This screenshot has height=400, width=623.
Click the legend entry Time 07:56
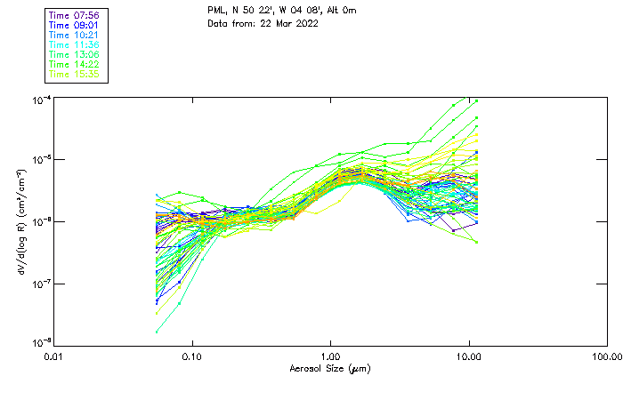[76, 15]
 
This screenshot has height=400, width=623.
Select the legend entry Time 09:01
[76, 25]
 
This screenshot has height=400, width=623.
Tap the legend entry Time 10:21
[76, 35]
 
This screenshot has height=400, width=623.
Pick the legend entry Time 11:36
[76, 44]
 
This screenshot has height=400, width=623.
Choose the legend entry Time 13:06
[76, 54]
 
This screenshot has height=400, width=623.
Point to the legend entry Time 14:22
[76, 64]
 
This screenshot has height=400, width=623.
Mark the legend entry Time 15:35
[76, 74]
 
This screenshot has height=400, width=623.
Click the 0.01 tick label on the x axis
[53, 357]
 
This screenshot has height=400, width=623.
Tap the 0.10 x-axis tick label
[192, 357]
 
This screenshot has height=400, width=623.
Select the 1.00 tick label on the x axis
[331, 357]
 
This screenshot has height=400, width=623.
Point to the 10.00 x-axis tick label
[469, 357]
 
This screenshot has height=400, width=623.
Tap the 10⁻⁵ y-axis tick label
[41, 160]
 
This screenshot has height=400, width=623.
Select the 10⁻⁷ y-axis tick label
[41, 284]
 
